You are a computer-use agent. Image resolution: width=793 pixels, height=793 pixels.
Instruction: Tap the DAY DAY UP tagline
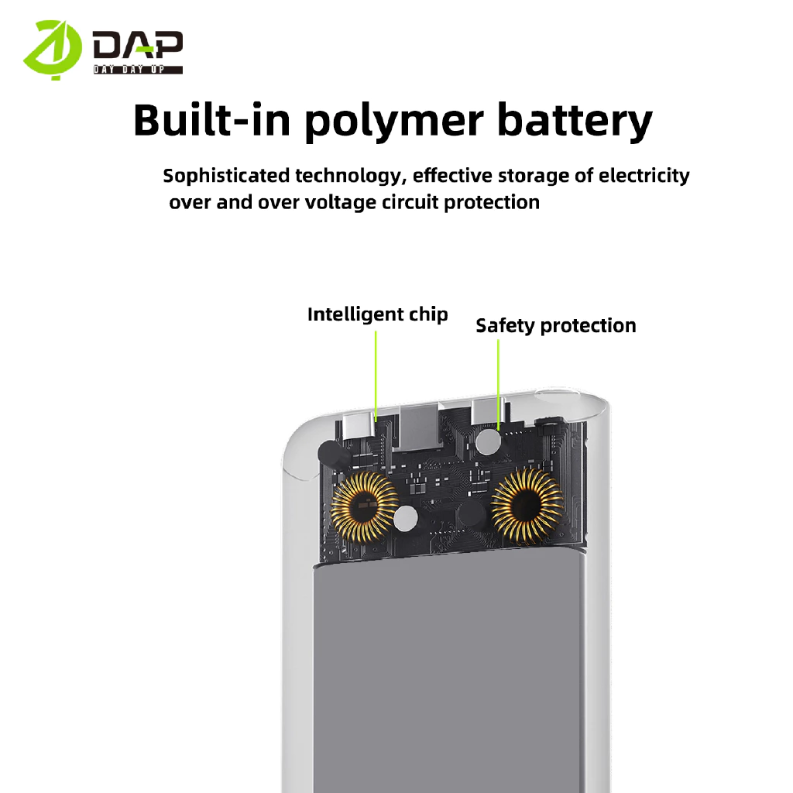(x=138, y=70)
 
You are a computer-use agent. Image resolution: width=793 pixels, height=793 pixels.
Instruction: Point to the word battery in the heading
(x=574, y=121)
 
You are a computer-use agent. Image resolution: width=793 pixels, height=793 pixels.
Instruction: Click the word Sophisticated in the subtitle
(x=227, y=176)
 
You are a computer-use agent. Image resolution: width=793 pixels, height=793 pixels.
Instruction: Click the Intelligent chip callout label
(x=377, y=314)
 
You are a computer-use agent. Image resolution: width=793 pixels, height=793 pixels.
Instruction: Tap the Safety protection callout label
(x=555, y=325)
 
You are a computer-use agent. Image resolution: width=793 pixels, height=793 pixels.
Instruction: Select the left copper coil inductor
(x=363, y=506)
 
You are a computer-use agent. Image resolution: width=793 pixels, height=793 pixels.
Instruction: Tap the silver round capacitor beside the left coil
(x=405, y=520)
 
